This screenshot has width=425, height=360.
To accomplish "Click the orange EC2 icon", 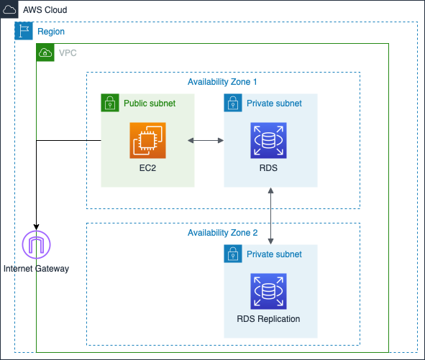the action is [x=147, y=140].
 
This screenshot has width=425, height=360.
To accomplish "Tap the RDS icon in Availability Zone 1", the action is [x=268, y=140].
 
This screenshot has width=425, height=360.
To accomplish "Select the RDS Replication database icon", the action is [x=268, y=291].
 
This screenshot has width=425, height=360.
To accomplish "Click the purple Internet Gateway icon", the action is [x=37, y=244].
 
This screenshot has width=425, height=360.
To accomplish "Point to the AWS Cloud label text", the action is [x=45, y=10].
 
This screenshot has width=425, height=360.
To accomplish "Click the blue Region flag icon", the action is [x=24, y=31].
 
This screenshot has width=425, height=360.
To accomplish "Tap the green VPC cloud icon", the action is [x=45, y=52].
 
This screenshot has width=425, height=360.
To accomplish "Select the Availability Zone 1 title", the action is [x=222, y=82].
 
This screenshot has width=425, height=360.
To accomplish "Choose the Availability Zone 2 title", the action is [x=222, y=233].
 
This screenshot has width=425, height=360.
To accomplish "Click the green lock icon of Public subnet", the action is [x=110, y=103].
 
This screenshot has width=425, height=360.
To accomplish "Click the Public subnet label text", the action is [x=150, y=103].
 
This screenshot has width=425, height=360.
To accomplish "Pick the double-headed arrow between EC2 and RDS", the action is [x=206, y=140].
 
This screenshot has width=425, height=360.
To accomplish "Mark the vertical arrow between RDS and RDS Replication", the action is [x=270, y=216].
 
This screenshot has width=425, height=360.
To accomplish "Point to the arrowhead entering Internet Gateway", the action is [x=37, y=227].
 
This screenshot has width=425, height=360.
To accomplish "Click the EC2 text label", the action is [x=147, y=168].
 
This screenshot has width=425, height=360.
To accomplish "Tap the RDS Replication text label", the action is [x=268, y=319].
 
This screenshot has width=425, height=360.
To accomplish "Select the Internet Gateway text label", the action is [x=37, y=269].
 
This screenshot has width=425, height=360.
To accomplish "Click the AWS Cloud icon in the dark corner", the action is [x=9, y=10].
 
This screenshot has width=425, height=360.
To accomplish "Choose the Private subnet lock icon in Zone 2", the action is [x=233, y=254].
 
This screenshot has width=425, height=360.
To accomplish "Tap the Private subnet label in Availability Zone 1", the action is [x=274, y=103].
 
